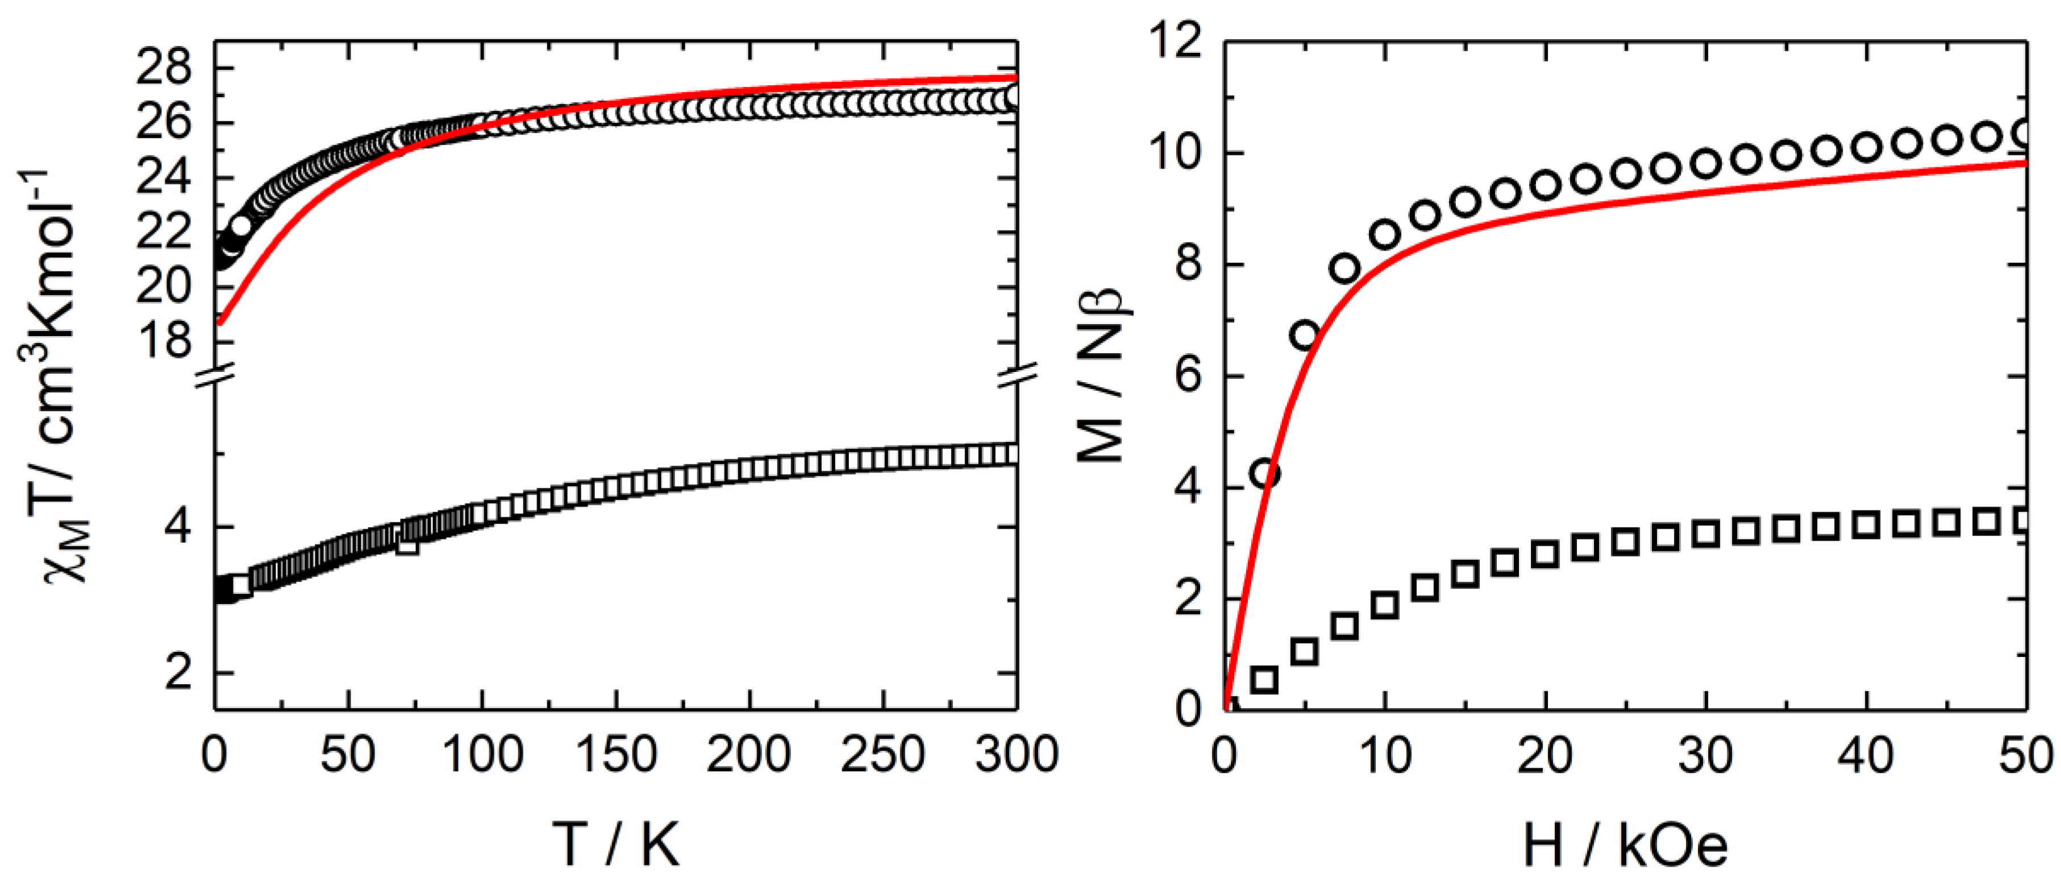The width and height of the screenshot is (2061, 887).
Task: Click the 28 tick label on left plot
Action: (164, 69)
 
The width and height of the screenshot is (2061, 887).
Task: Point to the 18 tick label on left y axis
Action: (164, 341)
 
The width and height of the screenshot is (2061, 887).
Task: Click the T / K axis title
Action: (616, 844)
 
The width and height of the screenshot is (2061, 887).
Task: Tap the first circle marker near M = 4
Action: (1265, 474)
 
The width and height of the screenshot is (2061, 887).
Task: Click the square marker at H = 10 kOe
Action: (1384, 605)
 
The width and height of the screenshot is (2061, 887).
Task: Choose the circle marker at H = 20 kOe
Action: (1545, 186)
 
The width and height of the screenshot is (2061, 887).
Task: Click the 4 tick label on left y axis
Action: (178, 527)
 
